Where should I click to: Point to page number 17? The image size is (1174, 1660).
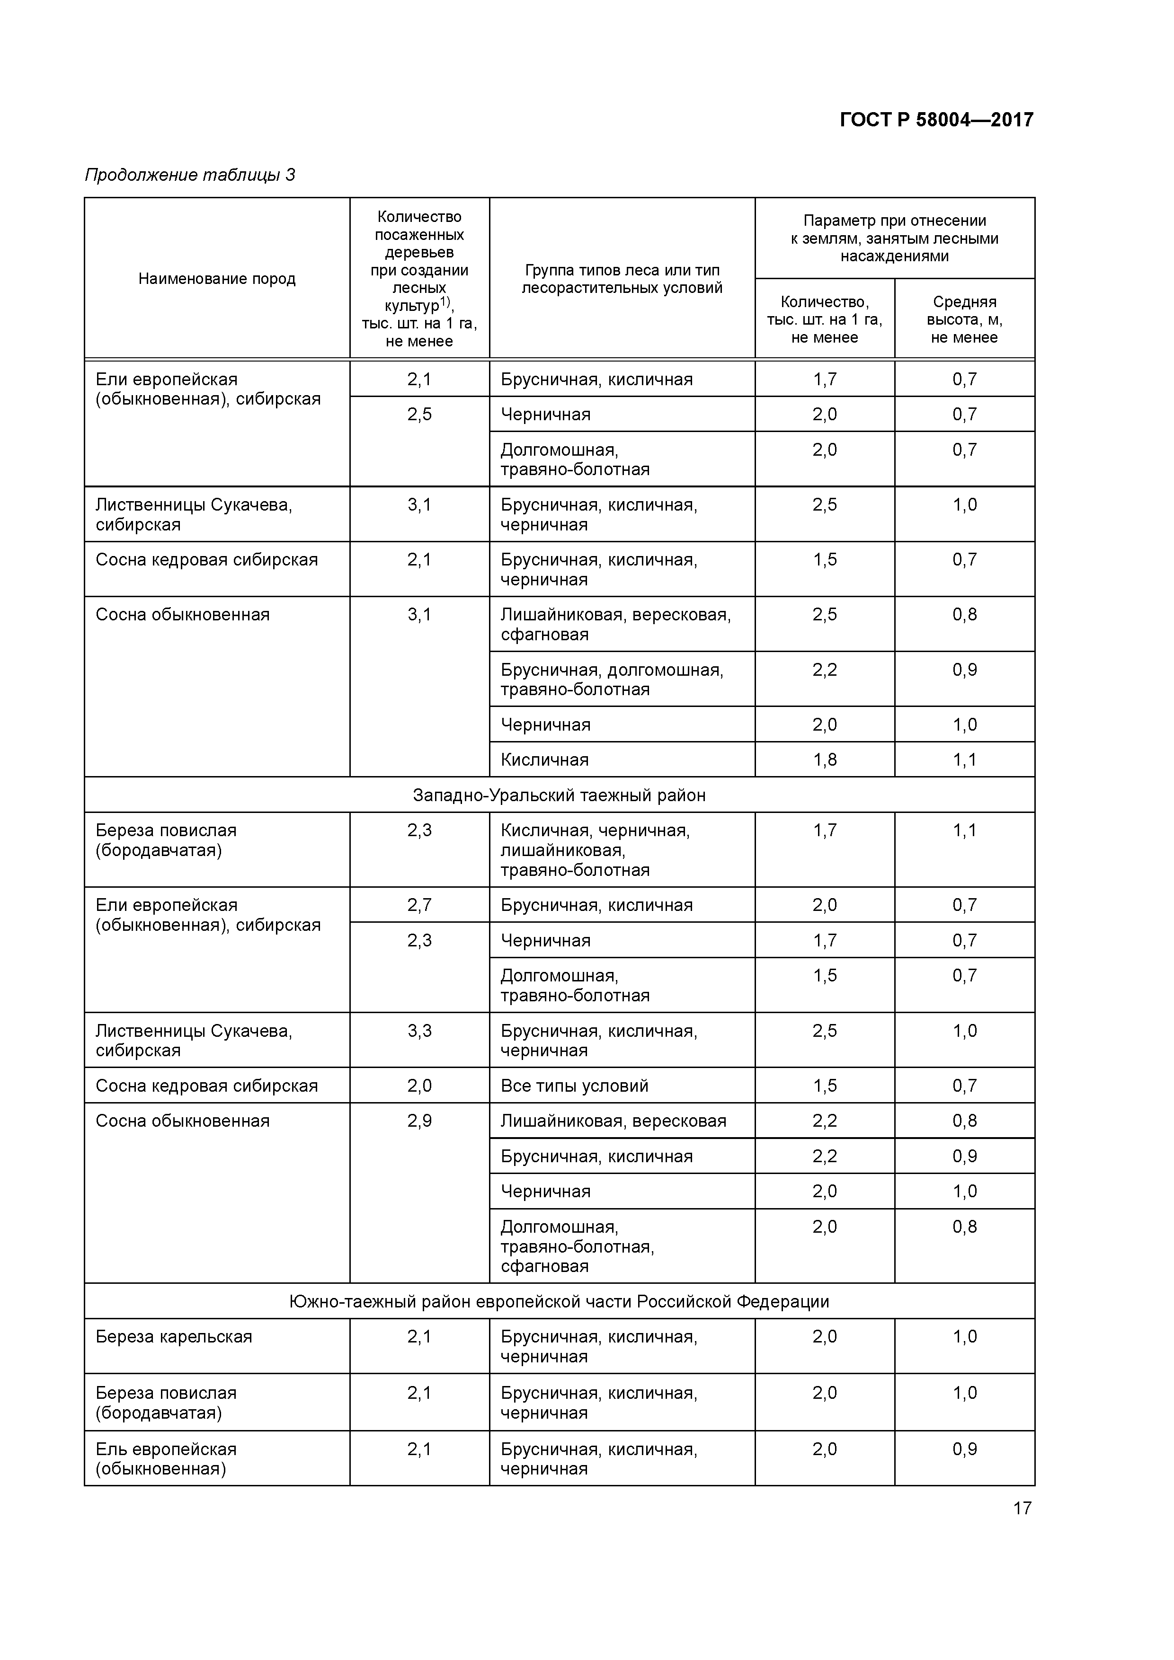click(1022, 1508)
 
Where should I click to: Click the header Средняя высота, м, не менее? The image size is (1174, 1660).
click(964, 319)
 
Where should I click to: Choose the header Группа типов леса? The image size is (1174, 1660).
click(622, 279)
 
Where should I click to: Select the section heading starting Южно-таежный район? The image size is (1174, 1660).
click(559, 1301)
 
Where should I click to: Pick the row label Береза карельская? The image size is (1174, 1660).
click(174, 1336)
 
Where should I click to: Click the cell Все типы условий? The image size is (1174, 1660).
click(574, 1085)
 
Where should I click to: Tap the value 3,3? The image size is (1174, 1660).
click(419, 1030)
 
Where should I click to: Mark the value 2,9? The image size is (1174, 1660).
click(419, 1121)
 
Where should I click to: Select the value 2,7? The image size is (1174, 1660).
click(419, 904)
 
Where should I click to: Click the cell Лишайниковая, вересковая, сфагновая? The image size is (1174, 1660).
click(615, 624)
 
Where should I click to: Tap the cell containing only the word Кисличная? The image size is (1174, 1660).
click(545, 759)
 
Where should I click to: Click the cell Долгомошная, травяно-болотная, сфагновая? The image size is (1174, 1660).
click(577, 1246)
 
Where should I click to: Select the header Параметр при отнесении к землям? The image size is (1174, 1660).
click(894, 238)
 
